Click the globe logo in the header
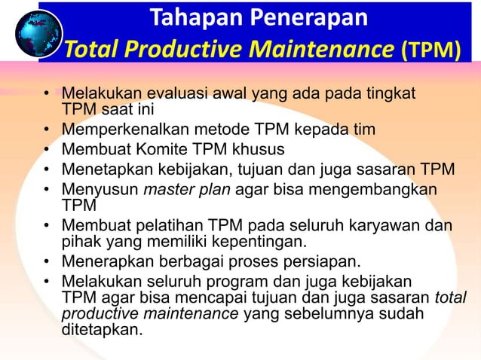pos(38,33)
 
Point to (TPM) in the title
pos(431,50)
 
